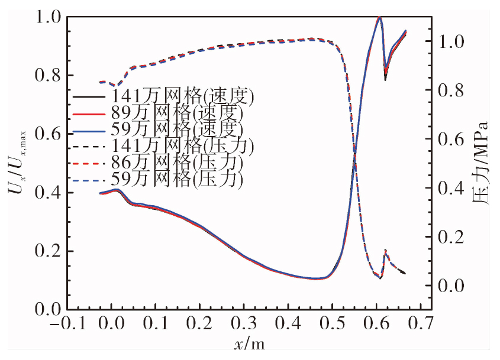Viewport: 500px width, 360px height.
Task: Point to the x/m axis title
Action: tap(250, 344)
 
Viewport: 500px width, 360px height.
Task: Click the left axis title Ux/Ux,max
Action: tap(18, 163)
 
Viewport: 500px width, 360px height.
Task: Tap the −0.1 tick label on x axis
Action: tap(68, 324)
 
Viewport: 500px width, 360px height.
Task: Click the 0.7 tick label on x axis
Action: tap(421, 324)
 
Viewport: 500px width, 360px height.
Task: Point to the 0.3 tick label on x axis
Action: tap(244, 324)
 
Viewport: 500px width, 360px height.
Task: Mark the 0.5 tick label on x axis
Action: tap(333, 324)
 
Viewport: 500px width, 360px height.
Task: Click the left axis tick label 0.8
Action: tap(47, 76)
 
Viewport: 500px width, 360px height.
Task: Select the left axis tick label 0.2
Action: tap(47, 251)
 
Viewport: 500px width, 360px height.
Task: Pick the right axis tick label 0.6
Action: tap(451, 140)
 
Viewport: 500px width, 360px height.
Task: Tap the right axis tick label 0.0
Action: tap(451, 286)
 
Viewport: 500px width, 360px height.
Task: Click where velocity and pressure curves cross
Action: tap(354, 156)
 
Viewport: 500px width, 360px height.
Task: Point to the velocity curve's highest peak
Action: tap(379, 18)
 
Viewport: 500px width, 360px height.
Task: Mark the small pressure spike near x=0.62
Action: tap(386, 251)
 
